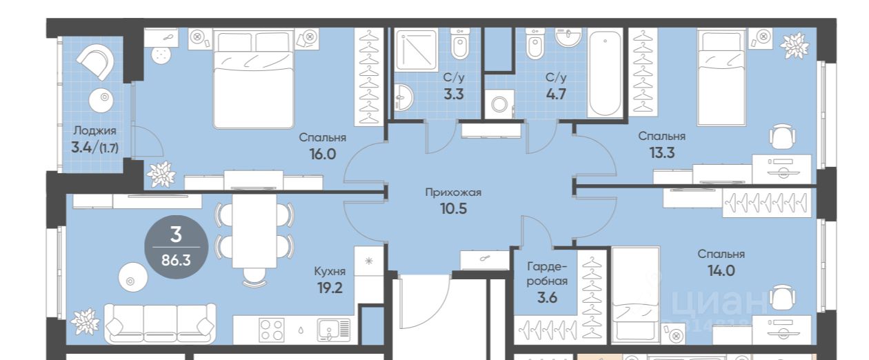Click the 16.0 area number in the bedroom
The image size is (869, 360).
click(x=322, y=154)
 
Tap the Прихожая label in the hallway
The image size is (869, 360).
click(x=453, y=192)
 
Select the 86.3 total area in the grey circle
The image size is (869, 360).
click(x=176, y=260)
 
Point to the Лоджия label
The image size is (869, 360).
click(x=94, y=130)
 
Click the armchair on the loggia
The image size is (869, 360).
click(x=95, y=61)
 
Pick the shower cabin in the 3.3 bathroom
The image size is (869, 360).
click(x=417, y=50)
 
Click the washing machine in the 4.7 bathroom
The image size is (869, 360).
click(x=499, y=103)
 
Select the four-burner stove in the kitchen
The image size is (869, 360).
click(x=272, y=330)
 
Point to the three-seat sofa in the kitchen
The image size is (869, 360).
click(x=160, y=323)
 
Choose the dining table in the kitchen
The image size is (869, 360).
click(x=254, y=231)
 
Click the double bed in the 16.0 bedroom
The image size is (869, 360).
click(x=254, y=79)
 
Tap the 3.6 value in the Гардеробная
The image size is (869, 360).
click(x=547, y=297)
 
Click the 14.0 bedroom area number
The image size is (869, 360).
click(x=721, y=271)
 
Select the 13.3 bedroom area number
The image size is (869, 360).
click(x=662, y=153)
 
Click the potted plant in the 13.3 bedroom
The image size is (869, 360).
click(x=795, y=46)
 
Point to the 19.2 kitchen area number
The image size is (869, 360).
click(x=330, y=288)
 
